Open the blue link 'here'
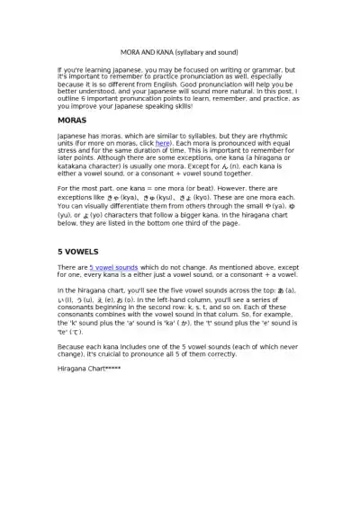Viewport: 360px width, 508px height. [163, 142]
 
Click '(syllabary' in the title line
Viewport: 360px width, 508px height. [192, 51]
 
